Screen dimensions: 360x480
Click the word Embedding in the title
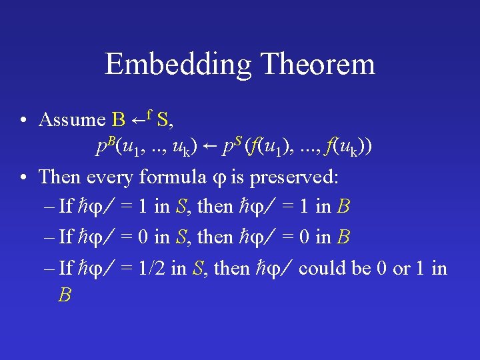pos(177,65)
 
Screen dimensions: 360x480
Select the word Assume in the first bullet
pos(72,120)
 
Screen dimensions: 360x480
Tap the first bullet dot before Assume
pos(23,121)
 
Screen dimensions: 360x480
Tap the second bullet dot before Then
pos(23,177)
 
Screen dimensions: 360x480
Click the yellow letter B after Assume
pos(119,120)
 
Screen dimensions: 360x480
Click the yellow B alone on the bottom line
pos(65,295)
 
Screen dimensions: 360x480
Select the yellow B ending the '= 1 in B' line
pos(343,207)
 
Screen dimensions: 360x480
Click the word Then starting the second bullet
pos(59,177)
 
